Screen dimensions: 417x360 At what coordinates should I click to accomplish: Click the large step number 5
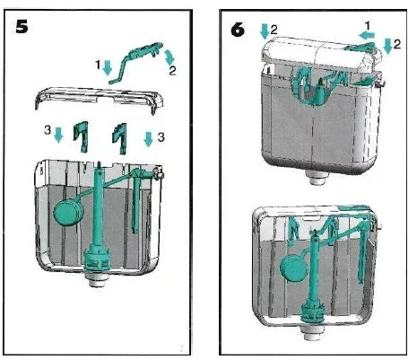(22, 27)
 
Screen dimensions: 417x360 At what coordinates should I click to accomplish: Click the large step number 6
(238, 30)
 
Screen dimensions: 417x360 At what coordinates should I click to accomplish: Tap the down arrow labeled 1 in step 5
(107, 67)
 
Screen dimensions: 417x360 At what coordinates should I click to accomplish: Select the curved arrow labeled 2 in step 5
(169, 57)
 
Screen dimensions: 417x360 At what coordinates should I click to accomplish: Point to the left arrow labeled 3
(58, 135)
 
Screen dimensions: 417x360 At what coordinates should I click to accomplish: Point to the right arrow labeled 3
(149, 138)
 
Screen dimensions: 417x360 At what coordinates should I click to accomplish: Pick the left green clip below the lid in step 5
(82, 136)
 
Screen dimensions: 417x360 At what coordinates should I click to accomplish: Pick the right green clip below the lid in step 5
(120, 138)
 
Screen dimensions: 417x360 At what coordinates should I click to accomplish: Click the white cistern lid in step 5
(99, 97)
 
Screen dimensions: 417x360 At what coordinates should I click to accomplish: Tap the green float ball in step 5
(68, 212)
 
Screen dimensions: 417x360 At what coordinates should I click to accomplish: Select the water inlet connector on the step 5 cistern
(159, 173)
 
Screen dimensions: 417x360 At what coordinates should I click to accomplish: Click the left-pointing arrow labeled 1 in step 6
(367, 36)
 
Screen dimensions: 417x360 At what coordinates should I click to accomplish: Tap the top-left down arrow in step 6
(265, 31)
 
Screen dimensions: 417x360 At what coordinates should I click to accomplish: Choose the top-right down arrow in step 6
(388, 46)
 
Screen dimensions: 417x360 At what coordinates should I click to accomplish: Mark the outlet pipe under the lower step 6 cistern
(313, 333)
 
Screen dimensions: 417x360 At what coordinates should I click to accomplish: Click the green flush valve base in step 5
(97, 259)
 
